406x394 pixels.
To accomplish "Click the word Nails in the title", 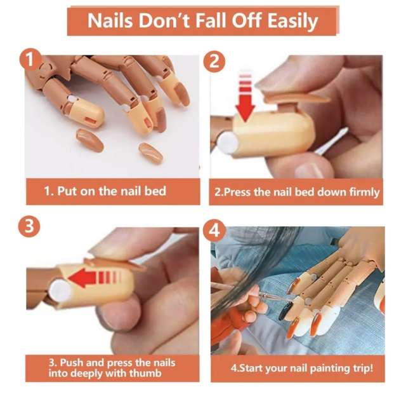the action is [x=110, y=20].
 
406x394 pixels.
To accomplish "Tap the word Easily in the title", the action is [x=292, y=22].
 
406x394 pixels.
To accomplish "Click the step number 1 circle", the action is [x=30, y=60].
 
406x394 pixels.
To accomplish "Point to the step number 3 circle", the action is [x=29, y=226].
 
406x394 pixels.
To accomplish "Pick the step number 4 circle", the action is [x=214, y=231].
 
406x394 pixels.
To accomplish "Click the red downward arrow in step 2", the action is [x=245, y=98].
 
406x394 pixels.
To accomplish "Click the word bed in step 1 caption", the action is [x=155, y=191].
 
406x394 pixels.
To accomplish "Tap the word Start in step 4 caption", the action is [x=249, y=368].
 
